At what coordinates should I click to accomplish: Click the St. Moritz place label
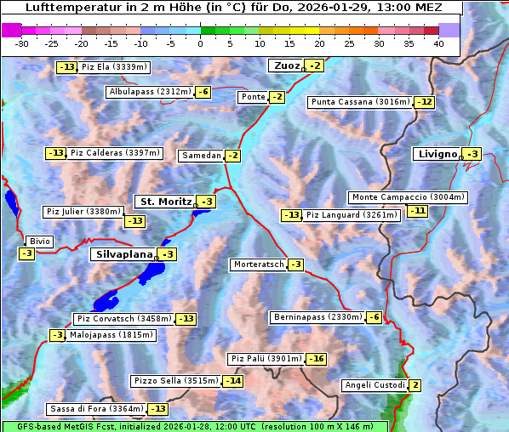tap(165, 202)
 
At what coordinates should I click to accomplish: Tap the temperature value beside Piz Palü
tap(316, 359)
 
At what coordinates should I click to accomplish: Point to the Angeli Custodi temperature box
tap(415, 385)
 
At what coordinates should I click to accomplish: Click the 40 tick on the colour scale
tap(438, 43)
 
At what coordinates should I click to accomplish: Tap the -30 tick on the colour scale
tap(22, 43)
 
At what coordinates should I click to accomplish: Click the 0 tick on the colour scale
tap(201, 43)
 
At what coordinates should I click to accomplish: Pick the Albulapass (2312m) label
tap(150, 92)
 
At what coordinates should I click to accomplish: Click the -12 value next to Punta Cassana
tap(425, 102)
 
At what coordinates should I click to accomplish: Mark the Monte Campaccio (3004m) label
tap(408, 197)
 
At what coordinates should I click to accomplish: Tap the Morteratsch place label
tap(258, 264)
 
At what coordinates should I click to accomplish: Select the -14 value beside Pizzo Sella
tap(232, 381)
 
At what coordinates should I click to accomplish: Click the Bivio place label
tap(40, 242)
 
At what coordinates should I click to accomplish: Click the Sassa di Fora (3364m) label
tap(95, 409)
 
